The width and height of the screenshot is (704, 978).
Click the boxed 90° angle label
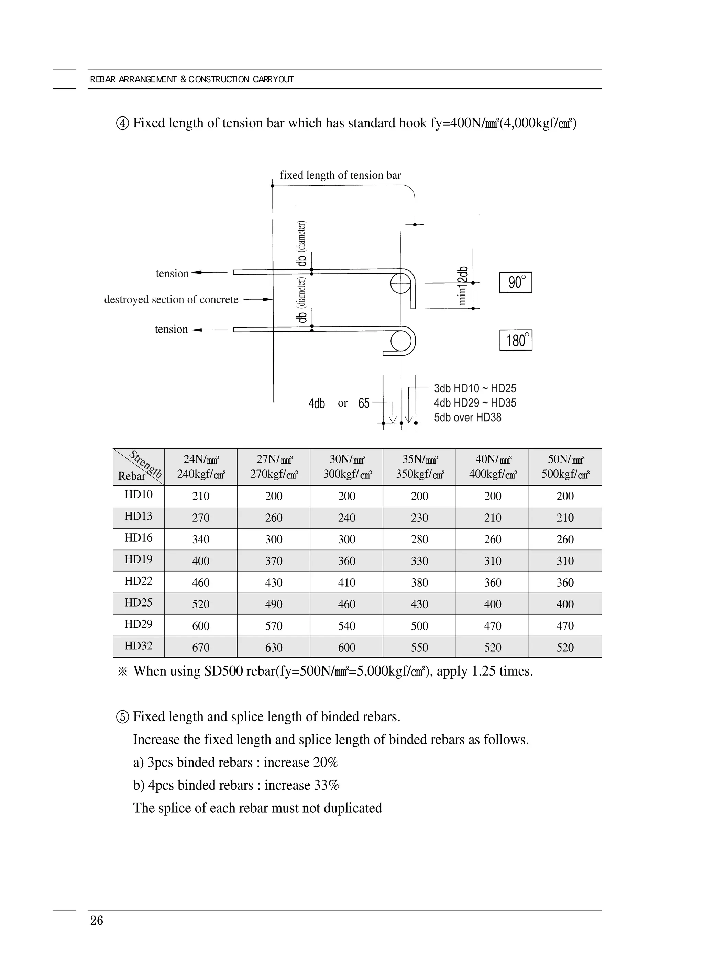pyautogui.click(x=516, y=282)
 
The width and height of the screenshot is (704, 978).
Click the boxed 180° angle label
pyautogui.click(x=516, y=340)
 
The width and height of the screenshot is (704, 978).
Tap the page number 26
pyautogui.click(x=97, y=921)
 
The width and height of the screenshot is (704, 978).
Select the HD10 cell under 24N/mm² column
pyautogui.click(x=201, y=496)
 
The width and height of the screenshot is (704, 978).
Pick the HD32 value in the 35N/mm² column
pyautogui.click(x=419, y=647)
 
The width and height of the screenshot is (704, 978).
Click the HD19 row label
pyautogui.click(x=139, y=559)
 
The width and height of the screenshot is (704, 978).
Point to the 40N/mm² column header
pyautogui.click(x=493, y=467)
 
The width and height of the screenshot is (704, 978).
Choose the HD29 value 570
pyautogui.click(x=274, y=626)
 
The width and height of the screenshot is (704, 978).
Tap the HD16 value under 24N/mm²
pyautogui.click(x=201, y=540)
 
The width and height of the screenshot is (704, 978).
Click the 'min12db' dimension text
pyautogui.click(x=462, y=286)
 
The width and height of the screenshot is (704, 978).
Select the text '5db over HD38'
pyautogui.click(x=467, y=418)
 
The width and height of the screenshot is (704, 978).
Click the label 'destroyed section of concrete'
pyautogui.click(x=171, y=299)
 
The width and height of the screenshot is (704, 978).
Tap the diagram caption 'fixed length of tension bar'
pyautogui.click(x=340, y=175)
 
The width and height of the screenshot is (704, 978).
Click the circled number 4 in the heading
pyautogui.click(x=122, y=124)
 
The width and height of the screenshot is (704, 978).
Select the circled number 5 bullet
pyautogui.click(x=122, y=717)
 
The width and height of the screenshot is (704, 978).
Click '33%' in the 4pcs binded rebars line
pyautogui.click(x=327, y=785)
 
